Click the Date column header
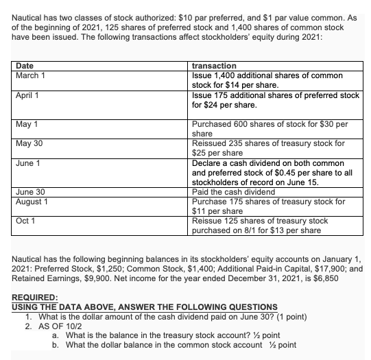click(x=25, y=65)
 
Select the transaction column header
click(x=215, y=65)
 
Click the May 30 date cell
click(x=28, y=143)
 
